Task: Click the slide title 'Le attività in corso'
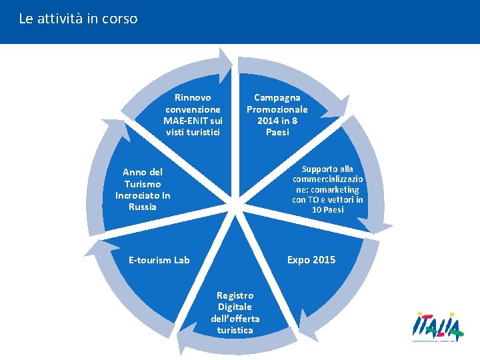(x=78, y=19)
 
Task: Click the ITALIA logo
(x=437, y=327)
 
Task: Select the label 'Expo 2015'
(x=311, y=259)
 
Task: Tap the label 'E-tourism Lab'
(x=159, y=260)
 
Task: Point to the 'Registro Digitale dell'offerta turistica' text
(x=235, y=313)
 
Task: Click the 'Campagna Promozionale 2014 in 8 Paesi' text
(x=277, y=115)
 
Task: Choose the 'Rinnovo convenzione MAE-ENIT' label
(x=193, y=115)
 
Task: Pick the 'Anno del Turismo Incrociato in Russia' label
(x=143, y=189)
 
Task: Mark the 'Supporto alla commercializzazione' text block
(x=327, y=190)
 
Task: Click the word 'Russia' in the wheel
(x=143, y=207)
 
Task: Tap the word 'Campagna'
(x=277, y=97)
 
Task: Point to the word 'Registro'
(x=235, y=295)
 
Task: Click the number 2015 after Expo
(x=323, y=259)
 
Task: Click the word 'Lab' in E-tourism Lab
(x=182, y=260)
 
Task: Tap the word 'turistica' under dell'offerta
(x=235, y=330)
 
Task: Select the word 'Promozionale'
(x=277, y=109)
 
